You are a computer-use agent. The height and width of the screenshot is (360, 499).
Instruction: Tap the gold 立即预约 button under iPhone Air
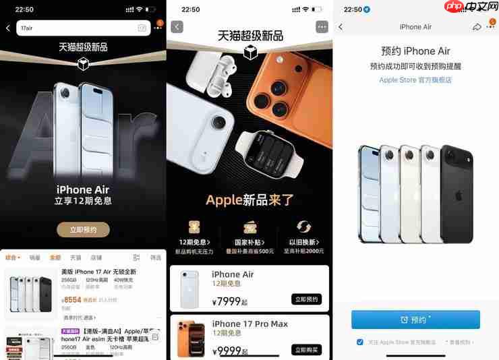coord(83,230)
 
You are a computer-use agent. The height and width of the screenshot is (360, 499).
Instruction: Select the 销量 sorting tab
coord(35,258)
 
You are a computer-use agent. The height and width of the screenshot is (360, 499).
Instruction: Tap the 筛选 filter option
coord(155,258)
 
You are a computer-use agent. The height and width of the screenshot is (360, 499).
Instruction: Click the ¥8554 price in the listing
coord(71,299)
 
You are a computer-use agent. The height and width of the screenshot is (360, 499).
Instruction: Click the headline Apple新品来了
coord(249,200)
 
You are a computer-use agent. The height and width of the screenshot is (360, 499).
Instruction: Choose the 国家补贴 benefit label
coord(249,242)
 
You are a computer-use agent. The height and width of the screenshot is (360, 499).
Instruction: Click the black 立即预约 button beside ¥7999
coord(307,299)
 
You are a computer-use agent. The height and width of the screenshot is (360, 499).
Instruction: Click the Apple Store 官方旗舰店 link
coord(415,80)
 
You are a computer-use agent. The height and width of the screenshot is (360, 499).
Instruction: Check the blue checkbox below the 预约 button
coord(360,342)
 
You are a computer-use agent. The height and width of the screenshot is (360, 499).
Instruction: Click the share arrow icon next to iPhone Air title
coord(477,27)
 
